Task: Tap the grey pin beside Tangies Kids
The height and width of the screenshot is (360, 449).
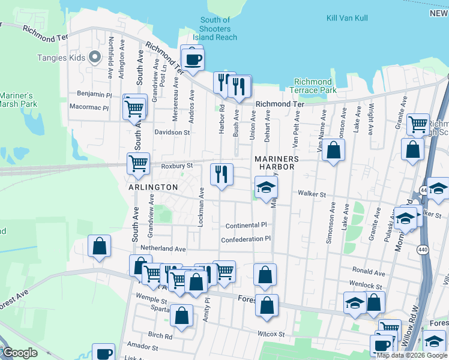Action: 94,58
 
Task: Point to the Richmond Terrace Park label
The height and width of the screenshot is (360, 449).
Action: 315,86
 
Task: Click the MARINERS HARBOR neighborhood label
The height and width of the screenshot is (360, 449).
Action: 276,163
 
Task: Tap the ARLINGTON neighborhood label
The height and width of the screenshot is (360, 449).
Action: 152,187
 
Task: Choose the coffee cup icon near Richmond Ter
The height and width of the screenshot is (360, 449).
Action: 193,59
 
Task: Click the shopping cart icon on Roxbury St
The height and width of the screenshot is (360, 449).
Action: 138,163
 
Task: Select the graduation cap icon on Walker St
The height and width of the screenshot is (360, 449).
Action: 265,187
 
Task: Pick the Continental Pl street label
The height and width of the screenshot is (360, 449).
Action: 246,226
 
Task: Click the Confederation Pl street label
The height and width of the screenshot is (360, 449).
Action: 246,239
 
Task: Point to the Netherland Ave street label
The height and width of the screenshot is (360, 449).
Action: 163,248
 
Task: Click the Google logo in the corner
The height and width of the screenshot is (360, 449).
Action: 20,353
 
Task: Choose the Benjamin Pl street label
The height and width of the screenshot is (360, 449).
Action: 94,94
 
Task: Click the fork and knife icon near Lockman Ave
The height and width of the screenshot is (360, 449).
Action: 221,174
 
